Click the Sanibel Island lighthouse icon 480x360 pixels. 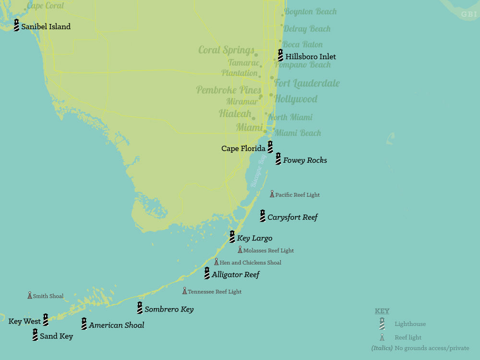coord(16,25)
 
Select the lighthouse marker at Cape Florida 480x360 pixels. coord(270,147)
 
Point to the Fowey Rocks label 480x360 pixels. coord(305,160)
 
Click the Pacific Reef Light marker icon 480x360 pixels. coord(272,194)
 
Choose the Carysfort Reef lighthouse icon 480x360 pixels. coord(263,216)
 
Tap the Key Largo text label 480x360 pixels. coord(254,238)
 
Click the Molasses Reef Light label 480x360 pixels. coord(268,251)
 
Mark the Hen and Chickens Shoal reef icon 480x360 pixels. coord(216,262)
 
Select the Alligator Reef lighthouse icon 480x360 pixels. coord(207,274)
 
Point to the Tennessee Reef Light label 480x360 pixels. coord(215,291)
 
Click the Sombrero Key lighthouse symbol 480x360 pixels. coord(140,308)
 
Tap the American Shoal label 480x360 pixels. coord(116,325)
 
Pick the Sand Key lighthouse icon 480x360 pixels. coord(35,335)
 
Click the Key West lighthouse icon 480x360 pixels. coord(46,320)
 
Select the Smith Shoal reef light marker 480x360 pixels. coord(30,295)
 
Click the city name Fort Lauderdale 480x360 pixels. coord(307,84)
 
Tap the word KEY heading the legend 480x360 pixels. coord(382,311)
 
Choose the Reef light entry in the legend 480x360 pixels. coord(408,337)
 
